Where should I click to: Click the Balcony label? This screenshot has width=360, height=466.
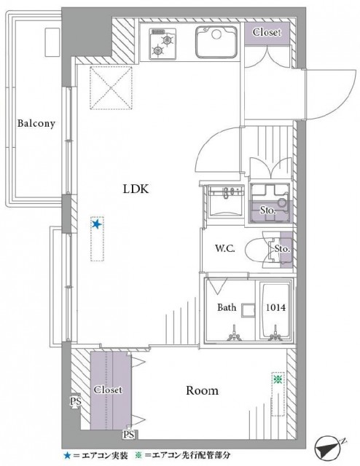tap(36, 123)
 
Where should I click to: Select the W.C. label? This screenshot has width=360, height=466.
tap(224, 249)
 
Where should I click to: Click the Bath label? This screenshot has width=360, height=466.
tap(227, 308)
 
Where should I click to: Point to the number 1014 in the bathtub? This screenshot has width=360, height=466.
tap(276, 308)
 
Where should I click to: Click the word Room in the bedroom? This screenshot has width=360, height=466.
tap(202, 391)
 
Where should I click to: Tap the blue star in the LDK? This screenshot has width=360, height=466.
tap(96, 225)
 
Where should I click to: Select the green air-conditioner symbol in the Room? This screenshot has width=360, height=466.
tap(277, 379)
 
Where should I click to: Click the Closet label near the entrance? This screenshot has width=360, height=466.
tap(267, 33)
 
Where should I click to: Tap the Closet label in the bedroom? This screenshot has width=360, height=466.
tap(107, 390)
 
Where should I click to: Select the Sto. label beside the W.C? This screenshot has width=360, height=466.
tap(283, 250)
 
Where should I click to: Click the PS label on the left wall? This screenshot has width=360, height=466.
tap(74, 400)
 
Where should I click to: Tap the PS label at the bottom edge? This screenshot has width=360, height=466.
tap(128, 435)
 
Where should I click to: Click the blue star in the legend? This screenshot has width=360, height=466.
tap(67, 455)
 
